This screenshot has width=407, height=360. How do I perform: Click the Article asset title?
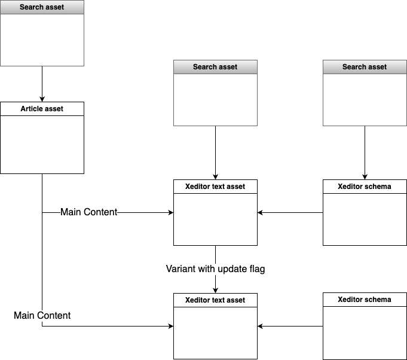[42, 109]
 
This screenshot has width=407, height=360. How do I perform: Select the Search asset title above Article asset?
[42, 7]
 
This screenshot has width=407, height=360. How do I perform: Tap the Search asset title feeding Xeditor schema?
[365, 67]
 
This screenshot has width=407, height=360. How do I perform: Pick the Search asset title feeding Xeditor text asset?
[215, 67]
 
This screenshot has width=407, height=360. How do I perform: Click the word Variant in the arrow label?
[181, 269]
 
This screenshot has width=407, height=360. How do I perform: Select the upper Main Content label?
[89, 212]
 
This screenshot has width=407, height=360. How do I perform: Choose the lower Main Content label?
[42, 315]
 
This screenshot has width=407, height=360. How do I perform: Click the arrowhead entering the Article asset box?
[42, 99]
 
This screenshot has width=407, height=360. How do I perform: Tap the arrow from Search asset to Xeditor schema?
[365, 152]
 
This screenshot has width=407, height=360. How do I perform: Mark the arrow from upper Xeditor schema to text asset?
[290, 212]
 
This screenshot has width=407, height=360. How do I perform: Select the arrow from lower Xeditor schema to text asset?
[290, 326]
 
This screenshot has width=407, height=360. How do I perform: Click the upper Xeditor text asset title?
[215, 187]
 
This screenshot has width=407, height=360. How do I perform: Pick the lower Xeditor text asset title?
[215, 300]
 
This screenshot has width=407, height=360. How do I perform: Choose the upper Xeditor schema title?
[365, 187]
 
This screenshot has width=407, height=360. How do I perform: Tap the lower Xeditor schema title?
[365, 300]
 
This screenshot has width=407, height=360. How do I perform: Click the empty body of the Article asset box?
[42, 144]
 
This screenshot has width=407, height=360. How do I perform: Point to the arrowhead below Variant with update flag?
[215, 289]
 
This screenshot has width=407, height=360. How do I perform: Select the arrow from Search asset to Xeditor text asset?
[215, 152]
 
